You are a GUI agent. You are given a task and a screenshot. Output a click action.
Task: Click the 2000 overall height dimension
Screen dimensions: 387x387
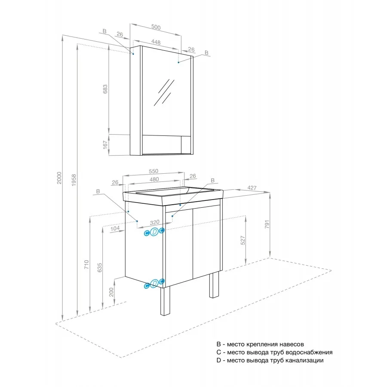(x=59, y=178)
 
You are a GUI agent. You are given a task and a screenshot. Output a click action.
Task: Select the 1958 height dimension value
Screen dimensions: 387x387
(x=74, y=180)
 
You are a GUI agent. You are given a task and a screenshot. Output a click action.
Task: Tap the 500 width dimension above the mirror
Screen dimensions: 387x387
(x=156, y=27)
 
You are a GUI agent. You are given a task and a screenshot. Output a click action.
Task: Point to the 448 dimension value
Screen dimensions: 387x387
(x=156, y=42)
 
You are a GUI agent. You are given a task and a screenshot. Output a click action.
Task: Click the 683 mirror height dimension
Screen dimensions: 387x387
(x=105, y=89)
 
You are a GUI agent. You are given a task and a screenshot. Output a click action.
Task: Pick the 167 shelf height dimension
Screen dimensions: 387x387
(x=105, y=145)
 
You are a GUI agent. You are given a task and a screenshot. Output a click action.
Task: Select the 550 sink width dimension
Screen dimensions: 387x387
(x=153, y=171)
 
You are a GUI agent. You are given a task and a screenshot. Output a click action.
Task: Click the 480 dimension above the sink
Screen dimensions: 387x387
(x=154, y=179)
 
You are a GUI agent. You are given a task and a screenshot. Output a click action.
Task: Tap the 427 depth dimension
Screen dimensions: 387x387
(x=252, y=188)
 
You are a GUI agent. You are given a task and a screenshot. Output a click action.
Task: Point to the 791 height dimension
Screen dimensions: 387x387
(x=267, y=224)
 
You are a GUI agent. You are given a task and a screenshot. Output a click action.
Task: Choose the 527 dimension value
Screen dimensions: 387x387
(x=243, y=240)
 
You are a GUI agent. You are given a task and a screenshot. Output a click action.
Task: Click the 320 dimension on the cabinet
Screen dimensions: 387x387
(x=155, y=222)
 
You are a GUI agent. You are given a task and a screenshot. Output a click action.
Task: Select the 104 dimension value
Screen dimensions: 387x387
(x=115, y=229)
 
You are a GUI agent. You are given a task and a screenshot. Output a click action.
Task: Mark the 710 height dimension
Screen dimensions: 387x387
(x=86, y=264)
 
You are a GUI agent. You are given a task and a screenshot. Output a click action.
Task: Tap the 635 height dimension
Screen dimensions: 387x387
(x=100, y=267)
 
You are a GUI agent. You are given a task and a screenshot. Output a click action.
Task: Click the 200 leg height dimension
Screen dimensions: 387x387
(x=111, y=292)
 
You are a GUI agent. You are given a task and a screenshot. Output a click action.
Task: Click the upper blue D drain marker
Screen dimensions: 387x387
(x=154, y=232)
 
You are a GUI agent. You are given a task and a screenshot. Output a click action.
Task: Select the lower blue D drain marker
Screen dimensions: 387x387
(x=154, y=283)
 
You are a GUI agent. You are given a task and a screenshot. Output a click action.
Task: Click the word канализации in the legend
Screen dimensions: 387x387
(x=304, y=360)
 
